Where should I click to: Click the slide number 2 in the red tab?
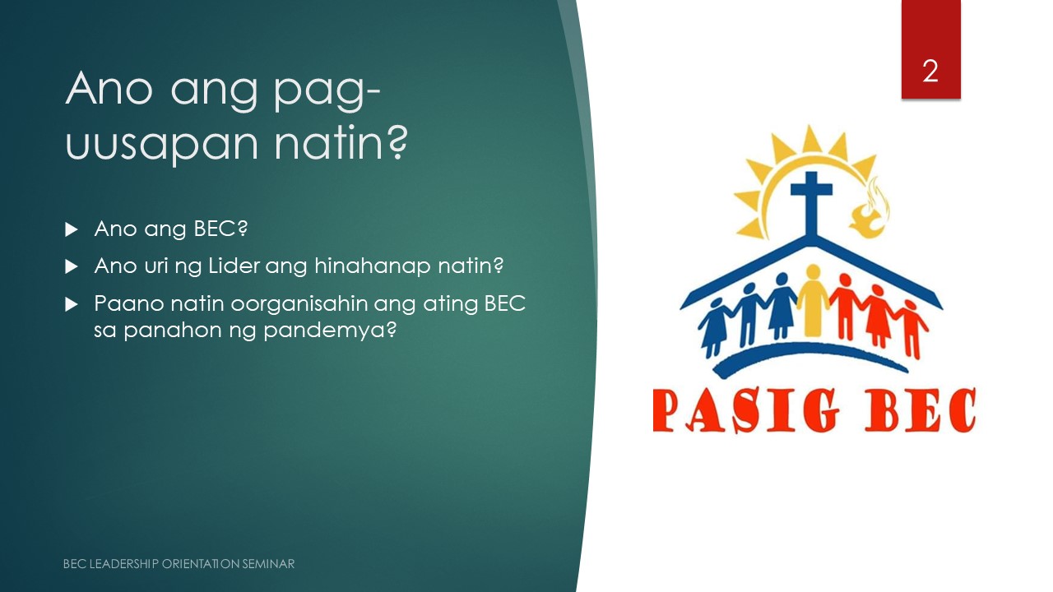pos(930,72)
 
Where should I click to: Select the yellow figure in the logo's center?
pos(813,300)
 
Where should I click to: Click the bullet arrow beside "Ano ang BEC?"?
pos(71,229)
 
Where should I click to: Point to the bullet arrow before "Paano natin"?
pos(71,304)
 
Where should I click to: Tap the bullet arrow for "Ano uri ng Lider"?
pos(71,267)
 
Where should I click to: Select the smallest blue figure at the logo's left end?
pos(713,324)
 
